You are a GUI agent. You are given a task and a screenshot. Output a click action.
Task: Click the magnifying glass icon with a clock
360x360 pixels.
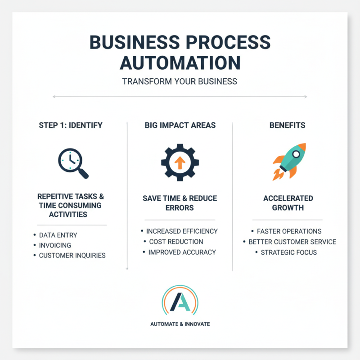[x=72, y=162]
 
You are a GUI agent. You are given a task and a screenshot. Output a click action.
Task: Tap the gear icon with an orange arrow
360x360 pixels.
[x=179, y=162]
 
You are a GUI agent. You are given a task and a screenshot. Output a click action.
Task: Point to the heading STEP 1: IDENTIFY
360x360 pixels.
[x=71, y=125]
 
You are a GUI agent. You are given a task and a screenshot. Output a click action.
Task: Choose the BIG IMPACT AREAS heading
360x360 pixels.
[x=180, y=125]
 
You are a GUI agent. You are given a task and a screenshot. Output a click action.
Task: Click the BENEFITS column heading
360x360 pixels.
[x=288, y=125]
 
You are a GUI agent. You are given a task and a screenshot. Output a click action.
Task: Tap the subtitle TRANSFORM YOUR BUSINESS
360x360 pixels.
[x=180, y=81]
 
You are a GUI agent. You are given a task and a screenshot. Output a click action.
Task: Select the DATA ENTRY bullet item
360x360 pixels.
[x=58, y=235]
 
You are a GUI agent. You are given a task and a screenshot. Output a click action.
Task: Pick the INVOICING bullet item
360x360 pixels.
[x=55, y=245]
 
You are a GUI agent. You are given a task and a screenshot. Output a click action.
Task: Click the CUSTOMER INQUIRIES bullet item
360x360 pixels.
[x=72, y=256]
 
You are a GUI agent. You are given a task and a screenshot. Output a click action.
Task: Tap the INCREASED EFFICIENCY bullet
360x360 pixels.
[x=182, y=231]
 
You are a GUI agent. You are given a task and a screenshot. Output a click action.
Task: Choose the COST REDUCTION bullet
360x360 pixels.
[x=176, y=242]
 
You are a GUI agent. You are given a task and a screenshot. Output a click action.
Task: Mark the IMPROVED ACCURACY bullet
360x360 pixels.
[x=181, y=252]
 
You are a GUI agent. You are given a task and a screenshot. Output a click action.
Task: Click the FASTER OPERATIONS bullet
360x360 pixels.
[x=289, y=231]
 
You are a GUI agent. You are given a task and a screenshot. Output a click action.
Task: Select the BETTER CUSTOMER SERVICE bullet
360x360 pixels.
[x=292, y=242]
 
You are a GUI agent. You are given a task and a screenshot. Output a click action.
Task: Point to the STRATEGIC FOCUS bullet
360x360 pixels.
[x=289, y=252]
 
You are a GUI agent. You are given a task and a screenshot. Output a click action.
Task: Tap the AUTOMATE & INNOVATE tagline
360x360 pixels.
[x=180, y=324]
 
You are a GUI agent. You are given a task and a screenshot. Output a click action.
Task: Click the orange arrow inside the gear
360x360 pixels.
[x=179, y=163]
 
